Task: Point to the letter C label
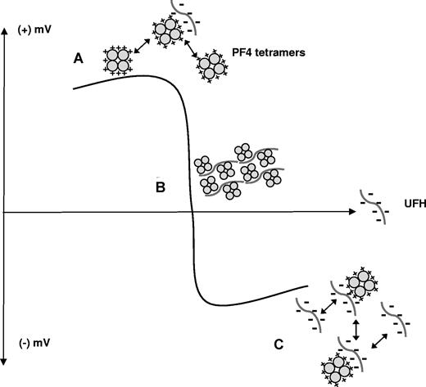point(279,344)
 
